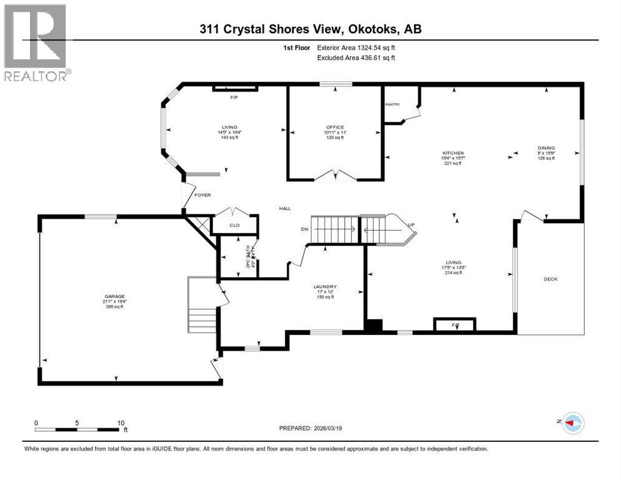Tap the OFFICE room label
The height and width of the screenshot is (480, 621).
coord(334,127)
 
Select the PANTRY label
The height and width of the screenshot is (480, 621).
coord(392,105)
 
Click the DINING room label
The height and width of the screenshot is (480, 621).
coord(546,148)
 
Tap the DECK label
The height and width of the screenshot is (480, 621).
coord(550,279)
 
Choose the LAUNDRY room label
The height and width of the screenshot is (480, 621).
coord(324,287)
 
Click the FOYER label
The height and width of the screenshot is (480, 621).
coord(202,195)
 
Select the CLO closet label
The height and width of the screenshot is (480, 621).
coord(234,225)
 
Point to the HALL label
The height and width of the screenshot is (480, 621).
coord(285,209)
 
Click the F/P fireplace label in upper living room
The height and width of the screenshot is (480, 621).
coord(235,97)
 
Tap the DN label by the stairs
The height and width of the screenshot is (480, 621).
coord(305,229)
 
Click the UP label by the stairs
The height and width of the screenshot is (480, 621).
coord(410,224)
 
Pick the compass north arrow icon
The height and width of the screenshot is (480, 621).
coord(572,423)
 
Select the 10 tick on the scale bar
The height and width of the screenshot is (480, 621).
coord(121,422)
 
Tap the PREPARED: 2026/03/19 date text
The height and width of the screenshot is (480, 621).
coord(310,428)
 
